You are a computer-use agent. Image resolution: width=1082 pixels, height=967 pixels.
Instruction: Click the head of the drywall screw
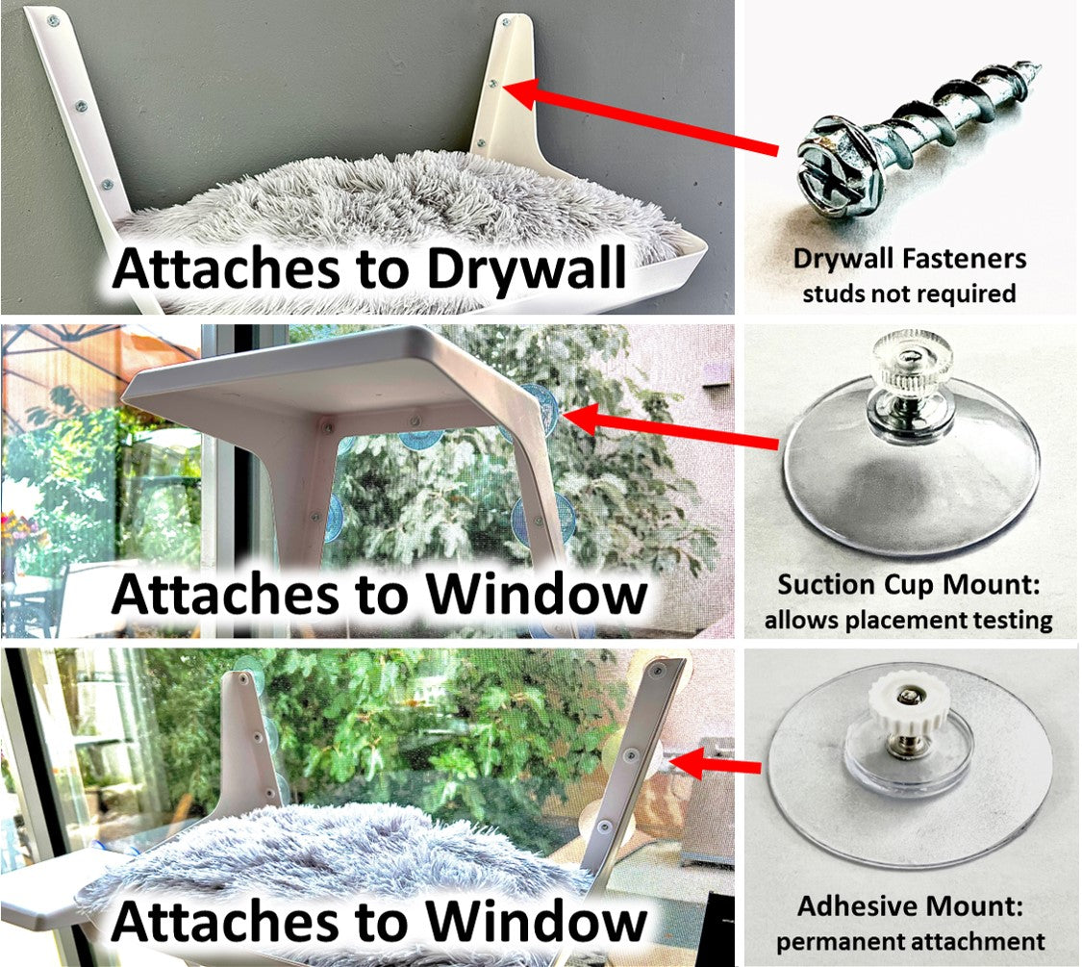[839, 169]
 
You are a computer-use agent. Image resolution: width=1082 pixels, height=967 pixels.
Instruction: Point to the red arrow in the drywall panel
[642, 117]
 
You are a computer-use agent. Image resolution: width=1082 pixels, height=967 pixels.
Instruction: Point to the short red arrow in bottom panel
[715, 765]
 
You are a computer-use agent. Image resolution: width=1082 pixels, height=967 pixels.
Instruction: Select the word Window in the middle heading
[536, 594]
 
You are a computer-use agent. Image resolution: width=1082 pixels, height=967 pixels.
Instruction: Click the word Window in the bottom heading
[536, 921]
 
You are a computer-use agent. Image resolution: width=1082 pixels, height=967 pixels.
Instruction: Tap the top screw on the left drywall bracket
[53, 23]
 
